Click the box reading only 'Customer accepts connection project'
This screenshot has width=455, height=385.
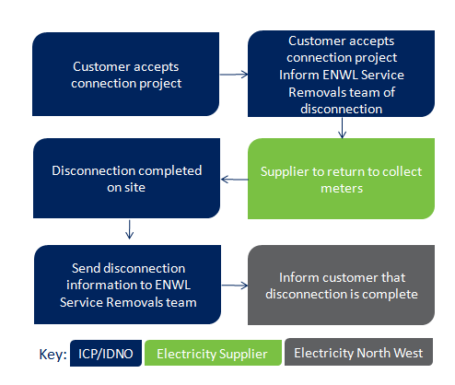coord(125,75)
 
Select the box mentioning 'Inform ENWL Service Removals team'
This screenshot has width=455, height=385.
coord(341,74)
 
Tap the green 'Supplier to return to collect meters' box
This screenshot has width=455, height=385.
coord(341,179)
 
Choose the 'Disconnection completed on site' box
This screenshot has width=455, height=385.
coord(126,179)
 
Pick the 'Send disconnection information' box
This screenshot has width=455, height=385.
coord(127,285)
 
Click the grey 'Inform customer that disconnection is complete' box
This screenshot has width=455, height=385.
coord(341,285)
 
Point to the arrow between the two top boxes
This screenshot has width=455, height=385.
coord(234,75)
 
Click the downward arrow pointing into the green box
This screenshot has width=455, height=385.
coord(342,128)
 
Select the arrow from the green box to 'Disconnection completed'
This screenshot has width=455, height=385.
coord(235,180)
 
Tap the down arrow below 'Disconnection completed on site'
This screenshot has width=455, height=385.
coord(130,229)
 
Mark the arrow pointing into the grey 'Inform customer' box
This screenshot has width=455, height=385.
coord(235,286)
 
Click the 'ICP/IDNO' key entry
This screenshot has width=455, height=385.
coord(106,353)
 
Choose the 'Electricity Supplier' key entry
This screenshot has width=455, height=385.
coord(213,353)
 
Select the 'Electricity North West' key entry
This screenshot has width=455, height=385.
coord(358,352)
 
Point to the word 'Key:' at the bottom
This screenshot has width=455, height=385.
coord(52,355)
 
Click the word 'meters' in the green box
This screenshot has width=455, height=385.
coord(342,188)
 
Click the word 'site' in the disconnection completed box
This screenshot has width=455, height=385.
coord(135,187)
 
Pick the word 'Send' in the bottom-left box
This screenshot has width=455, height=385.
coord(87,268)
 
